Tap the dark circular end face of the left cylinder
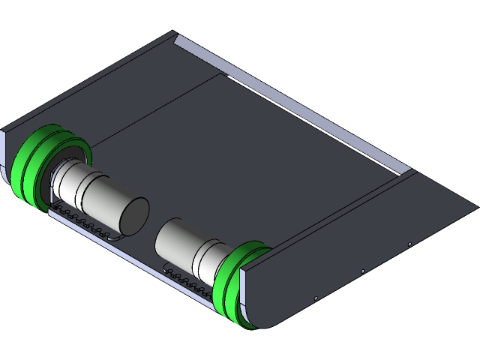click(x=134, y=215)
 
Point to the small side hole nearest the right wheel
click(x=316, y=298)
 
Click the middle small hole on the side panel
click(x=363, y=271)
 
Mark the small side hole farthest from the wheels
click(x=409, y=244)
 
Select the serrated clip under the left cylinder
click(x=90, y=224)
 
